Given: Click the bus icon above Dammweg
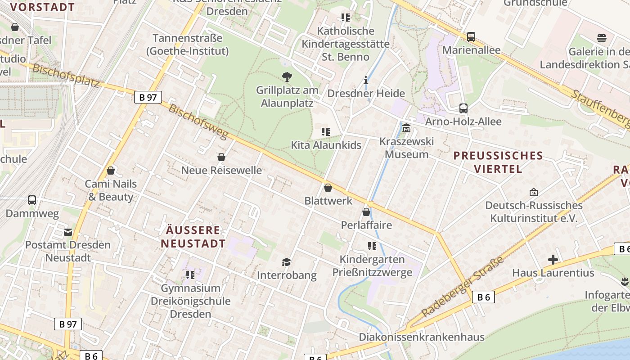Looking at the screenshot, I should pyautogui.click(x=32, y=200).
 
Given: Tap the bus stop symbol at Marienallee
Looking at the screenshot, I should pyautogui.click(x=471, y=36).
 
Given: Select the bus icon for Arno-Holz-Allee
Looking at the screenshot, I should pyautogui.click(x=463, y=108).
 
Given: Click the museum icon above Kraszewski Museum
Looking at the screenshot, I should pyautogui.click(x=406, y=128).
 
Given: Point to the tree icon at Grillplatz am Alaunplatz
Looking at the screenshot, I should pyautogui.click(x=287, y=76).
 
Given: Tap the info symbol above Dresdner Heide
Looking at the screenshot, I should pyautogui.click(x=366, y=81).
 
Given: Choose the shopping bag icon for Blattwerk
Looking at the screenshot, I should pyautogui.click(x=328, y=187).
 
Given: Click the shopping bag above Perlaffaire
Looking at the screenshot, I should pyautogui.click(x=366, y=211).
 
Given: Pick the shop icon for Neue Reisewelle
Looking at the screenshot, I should pyautogui.click(x=221, y=157).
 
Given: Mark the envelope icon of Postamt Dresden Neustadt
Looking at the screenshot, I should pyautogui.click(x=68, y=232).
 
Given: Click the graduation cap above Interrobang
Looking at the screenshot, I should pyautogui.click(x=286, y=262).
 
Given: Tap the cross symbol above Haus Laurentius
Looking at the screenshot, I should pyautogui.click(x=553, y=259).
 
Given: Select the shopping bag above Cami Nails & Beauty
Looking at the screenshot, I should pyautogui.click(x=111, y=171).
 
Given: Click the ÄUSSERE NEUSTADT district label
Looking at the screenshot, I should pyautogui.click(x=193, y=237).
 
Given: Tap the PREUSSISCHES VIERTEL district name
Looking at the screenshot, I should pyautogui.click(x=498, y=162).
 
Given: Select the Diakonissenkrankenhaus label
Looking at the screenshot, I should pyautogui.click(x=421, y=337).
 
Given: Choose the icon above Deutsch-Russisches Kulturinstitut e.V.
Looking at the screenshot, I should pyautogui.click(x=534, y=192).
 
